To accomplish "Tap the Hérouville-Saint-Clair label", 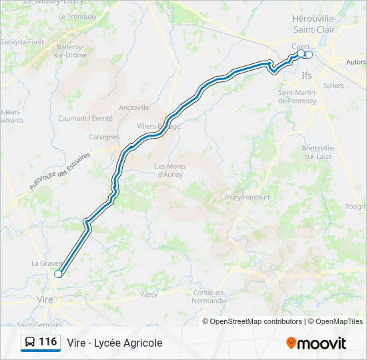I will [x=314, y=24].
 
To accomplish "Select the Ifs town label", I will [x=307, y=75].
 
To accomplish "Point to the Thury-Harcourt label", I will [x=247, y=197].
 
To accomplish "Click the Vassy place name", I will [x=149, y=293].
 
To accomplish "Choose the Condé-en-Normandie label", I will [x=210, y=297].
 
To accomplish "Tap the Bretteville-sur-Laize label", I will [x=321, y=152].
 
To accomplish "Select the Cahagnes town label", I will [x=104, y=137].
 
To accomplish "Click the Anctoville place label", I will [x=134, y=107].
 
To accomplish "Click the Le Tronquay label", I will [x=77, y=16].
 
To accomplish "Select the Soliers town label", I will [x=333, y=85].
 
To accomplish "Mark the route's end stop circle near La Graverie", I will [x=58, y=273].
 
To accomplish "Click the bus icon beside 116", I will [x=29, y=343].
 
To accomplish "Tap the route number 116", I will [x=48, y=342].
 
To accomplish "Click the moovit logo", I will [x=316, y=343].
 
